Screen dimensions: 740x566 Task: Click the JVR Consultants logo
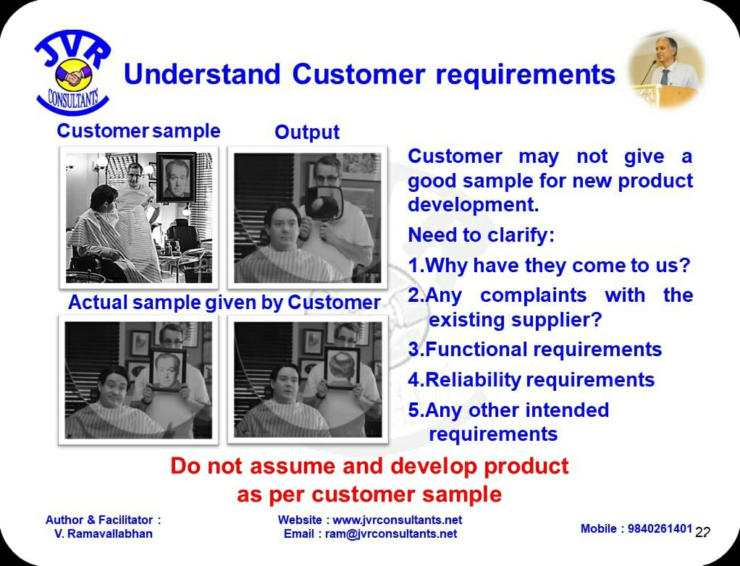coord(72,72)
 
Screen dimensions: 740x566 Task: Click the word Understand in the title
coord(202,75)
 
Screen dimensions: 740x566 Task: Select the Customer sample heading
coord(138,131)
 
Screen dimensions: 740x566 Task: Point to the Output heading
coord(307,132)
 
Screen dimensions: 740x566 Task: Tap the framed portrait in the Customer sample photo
coord(176,177)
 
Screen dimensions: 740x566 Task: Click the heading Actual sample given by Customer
coord(224,303)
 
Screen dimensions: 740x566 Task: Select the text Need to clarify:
coord(481,235)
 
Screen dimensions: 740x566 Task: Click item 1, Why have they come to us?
coord(549,265)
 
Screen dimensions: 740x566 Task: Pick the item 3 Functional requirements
coord(534,350)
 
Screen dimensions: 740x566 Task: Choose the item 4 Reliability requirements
coord(531,380)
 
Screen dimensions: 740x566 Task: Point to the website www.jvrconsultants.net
coord(398,520)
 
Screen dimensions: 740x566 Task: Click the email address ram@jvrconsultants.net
coord(391,533)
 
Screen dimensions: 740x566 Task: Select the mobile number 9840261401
coord(660,528)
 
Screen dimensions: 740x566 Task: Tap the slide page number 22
coord(702,532)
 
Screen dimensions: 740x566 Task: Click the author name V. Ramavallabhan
coord(104,533)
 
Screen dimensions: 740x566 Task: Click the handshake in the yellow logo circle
coord(74,75)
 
